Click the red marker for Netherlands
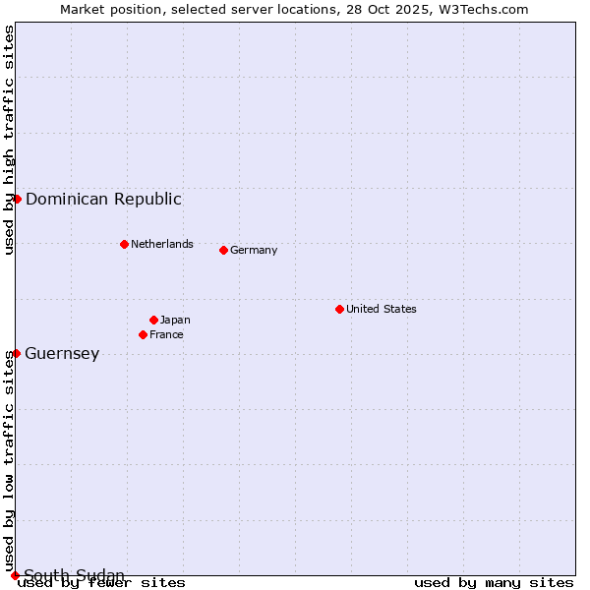point(124,244)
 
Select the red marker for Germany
point(223,250)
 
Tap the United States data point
point(339,309)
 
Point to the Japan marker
point(153,320)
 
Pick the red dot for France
point(143,334)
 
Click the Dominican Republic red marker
point(17,199)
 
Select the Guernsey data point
point(17,353)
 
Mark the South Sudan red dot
point(15,575)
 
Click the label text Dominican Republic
point(103,199)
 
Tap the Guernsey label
point(62,354)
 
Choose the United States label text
point(382,309)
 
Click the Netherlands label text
point(162,244)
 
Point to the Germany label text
point(254,250)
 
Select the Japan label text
point(175,320)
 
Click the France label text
point(166,334)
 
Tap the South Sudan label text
point(74,575)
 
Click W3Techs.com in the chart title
point(483,9)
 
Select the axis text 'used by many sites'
point(494,582)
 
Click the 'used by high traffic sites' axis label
point(9,140)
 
